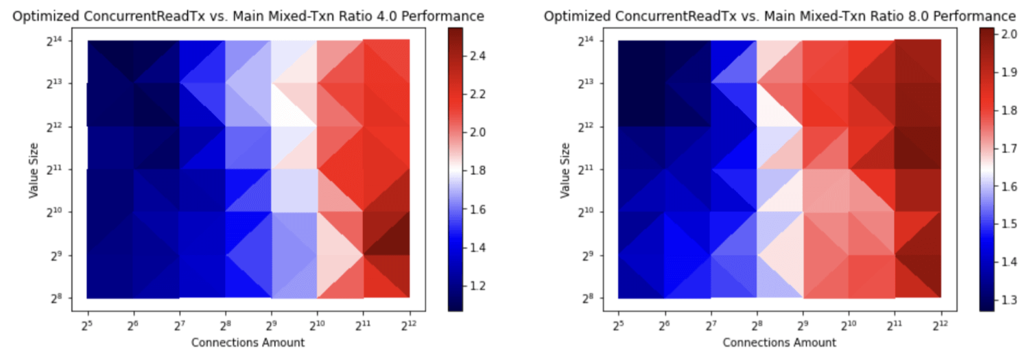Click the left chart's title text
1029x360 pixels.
pos(248,16)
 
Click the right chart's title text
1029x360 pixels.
pos(779,16)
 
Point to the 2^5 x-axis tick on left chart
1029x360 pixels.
pos(87,322)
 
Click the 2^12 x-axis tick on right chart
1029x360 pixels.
pos(941,322)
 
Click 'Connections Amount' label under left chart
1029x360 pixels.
pos(248,342)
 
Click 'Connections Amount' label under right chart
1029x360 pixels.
pos(779,342)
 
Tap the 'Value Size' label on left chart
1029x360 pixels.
pos(34,169)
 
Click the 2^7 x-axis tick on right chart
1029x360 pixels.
pos(711,322)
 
